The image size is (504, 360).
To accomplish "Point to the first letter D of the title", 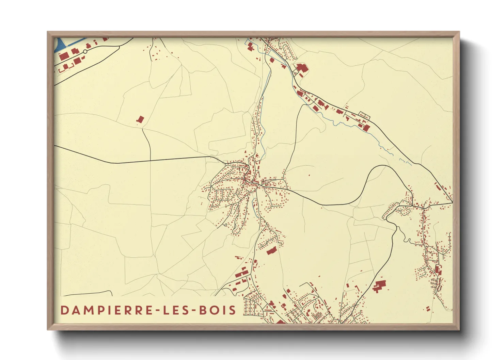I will point(64,310).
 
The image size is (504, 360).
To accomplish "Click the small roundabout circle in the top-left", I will point(85,52).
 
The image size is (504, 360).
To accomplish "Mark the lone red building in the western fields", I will point(140,119).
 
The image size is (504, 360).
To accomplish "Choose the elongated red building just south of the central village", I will point(271,251).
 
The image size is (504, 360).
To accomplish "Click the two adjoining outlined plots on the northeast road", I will point(364,115).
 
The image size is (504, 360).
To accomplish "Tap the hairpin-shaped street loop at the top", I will point(286,51).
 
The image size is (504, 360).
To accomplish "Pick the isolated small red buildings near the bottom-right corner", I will point(428,309).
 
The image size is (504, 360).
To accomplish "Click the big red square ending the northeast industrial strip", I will point(366,128).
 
